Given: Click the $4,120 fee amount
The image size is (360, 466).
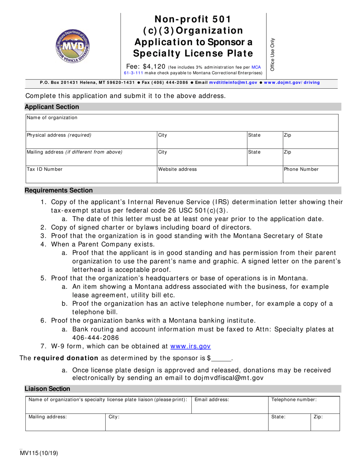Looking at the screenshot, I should (154, 66).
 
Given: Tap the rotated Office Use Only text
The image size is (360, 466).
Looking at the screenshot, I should (272, 54).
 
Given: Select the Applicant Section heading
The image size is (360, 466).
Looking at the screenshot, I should (52, 107).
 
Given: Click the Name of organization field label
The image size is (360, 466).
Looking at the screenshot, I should (52, 117).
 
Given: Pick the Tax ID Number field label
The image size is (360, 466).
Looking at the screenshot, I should (44, 169).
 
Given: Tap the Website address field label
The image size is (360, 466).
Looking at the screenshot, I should (177, 169).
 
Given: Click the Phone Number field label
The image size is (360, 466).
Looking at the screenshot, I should (301, 169).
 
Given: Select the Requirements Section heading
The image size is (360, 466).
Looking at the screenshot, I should (59, 190).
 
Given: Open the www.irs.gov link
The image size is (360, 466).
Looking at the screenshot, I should (191, 346).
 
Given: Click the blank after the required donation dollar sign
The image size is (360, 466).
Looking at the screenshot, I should (221, 358).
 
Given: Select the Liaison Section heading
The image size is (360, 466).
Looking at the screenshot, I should (47, 389).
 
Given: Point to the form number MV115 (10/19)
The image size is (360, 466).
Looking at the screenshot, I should (42, 452).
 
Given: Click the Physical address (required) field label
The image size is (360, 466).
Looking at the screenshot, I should (59, 135).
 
